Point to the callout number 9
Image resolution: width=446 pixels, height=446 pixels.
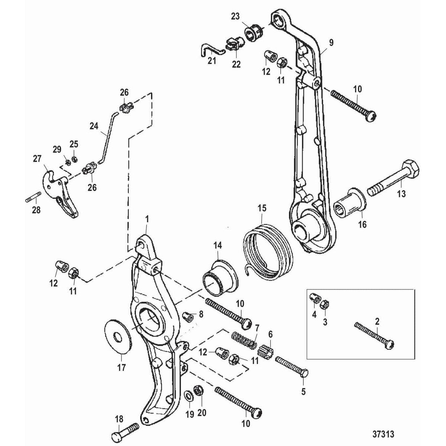331,43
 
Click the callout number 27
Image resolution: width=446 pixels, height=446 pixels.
37,159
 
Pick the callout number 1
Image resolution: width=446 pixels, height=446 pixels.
147,219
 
